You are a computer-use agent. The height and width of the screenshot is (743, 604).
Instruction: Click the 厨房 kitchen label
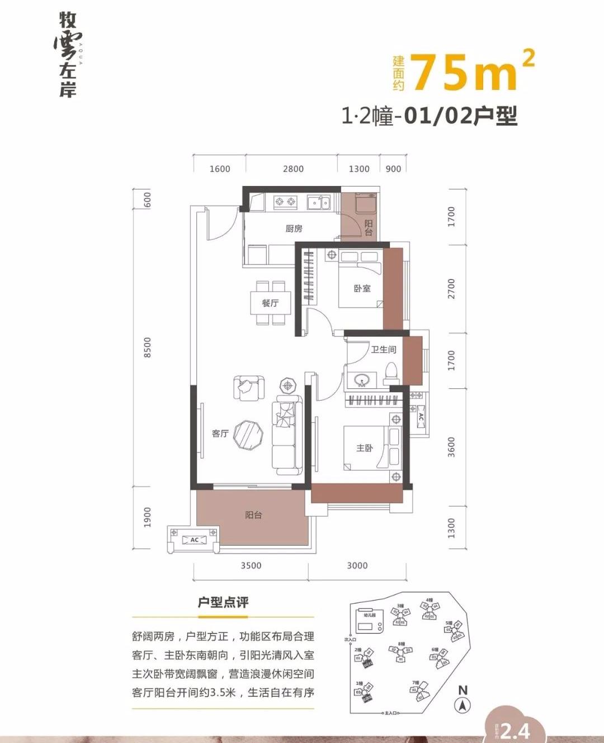point(294,228)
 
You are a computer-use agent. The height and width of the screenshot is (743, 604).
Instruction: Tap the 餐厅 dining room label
point(270,303)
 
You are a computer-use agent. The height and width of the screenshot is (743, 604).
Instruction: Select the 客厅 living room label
point(220,433)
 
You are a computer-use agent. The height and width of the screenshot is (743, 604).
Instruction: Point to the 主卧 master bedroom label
point(364,447)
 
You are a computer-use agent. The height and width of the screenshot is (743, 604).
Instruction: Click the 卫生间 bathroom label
point(383,350)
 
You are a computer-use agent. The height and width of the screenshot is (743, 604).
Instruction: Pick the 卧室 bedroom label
point(362,288)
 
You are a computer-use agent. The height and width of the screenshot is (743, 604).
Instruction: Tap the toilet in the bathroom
point(391,372)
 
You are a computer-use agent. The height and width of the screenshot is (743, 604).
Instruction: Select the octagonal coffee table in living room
point(248,434)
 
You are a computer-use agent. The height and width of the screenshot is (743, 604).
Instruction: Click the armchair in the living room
point(248,387)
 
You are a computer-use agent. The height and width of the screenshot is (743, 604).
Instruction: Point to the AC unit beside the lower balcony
point(194,540)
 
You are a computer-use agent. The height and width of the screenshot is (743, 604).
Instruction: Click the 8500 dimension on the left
point(147,347)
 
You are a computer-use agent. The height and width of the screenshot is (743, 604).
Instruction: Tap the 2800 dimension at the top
point(293,169)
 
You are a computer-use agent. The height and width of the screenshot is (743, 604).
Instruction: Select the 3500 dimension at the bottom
point(251,565)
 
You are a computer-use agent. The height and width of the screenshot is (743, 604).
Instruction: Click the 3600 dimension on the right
point(451,447)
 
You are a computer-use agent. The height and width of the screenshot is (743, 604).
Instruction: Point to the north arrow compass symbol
point(463,699)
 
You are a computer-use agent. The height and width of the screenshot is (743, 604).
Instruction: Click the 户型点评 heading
point(223,602)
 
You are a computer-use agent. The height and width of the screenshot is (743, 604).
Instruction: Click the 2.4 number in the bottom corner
point(515,730)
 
